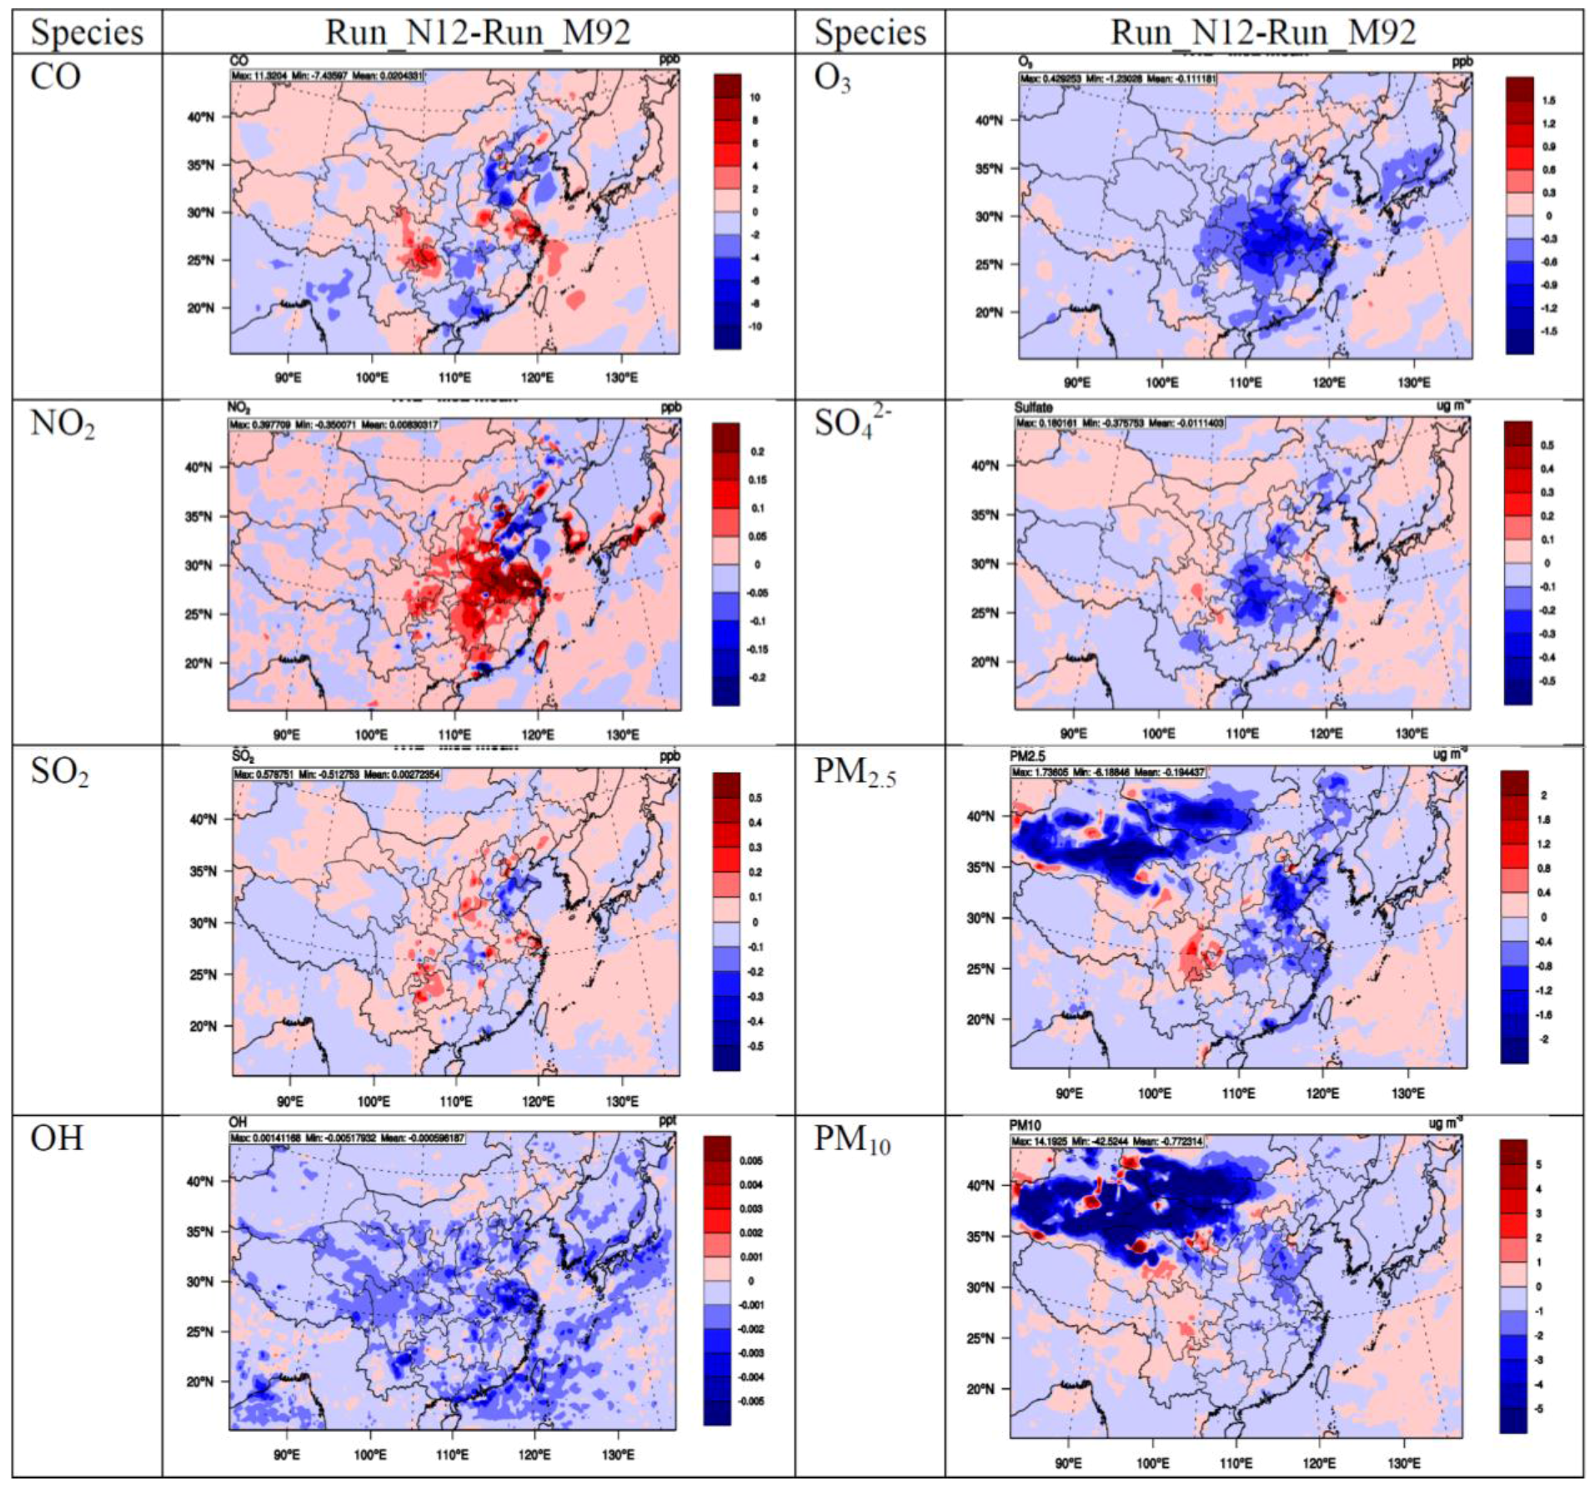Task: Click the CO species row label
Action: pyautogui.click(x=55, y=78)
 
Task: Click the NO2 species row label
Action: pyautogui.click(x=62, y=424)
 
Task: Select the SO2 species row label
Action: pyautogui.click(x=59, y=772)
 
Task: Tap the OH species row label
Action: pyautogui.click(x=57, y=1138)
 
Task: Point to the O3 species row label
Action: pyautogui.click(x=832, y=79)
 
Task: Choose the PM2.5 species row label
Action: pyautogui.click(x=854, y=772)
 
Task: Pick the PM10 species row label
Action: pyautogui.click(x=851, y=1140)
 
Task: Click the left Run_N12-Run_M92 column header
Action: pyautogui.click(x=477, y=33)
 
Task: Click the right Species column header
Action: pyautogui.click(x=870, y=33)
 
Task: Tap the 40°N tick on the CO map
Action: pyautogui.click(x=200, y=117)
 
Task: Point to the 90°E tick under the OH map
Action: pyautogui.click(x=286, y=1454)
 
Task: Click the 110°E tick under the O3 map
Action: pyautogui.click(x=1245, y=383)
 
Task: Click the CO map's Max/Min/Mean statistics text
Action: pyautogui.click(x=328, y=76)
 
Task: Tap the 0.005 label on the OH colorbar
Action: pyautogui.click(x=750, y=1160)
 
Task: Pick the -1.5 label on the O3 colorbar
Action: pyautogui.click(x=1548, y=331)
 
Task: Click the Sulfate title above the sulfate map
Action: pyautogui.click(x=1033, y=408)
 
